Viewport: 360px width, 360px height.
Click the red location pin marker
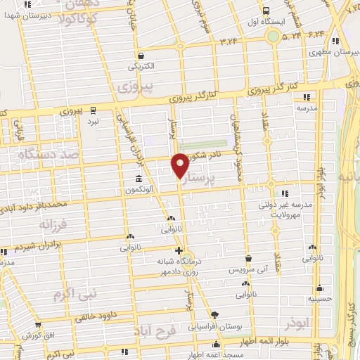click(180, 165)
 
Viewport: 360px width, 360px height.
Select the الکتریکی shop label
click(141, 67)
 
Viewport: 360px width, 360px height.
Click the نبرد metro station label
click(93, 122)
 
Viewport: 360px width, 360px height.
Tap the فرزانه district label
click(37, 225)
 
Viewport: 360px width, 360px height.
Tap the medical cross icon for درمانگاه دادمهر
click(179, 250)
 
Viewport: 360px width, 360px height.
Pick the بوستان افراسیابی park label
click(215, 326)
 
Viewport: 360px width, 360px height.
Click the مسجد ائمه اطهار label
click(216, 354)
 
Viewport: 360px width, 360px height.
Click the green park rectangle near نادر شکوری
click(202, 144)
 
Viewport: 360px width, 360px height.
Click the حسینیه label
click(320, 298)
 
